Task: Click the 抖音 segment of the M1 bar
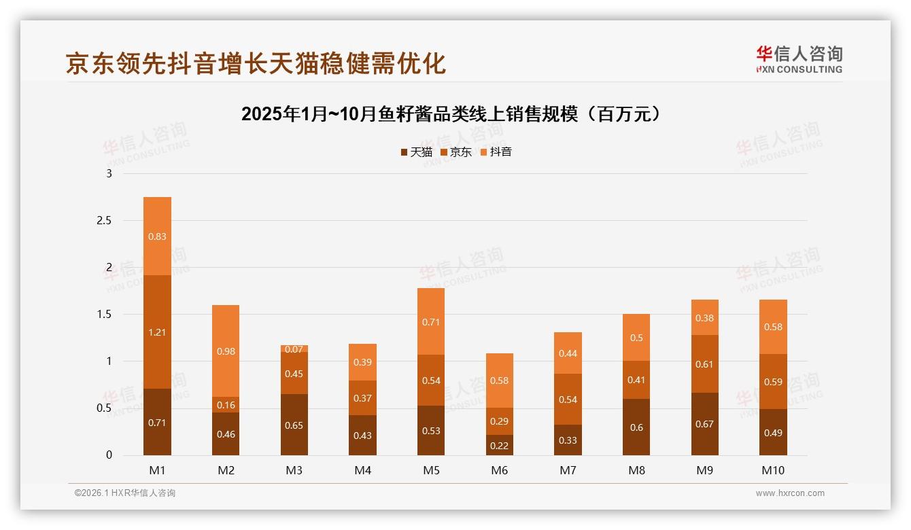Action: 157,236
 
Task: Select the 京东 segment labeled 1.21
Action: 157,332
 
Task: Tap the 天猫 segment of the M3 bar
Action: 294,425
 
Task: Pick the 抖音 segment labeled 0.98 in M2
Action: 225,351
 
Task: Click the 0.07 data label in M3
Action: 294,349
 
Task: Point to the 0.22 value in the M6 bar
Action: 499,445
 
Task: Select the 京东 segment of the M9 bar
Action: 704,364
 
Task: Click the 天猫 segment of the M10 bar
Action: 773,433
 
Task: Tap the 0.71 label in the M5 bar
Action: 431,322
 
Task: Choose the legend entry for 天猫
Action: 416,152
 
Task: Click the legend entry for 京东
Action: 456,152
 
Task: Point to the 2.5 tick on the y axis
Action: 103,221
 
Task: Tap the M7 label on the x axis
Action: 568,470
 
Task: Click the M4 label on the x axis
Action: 362,470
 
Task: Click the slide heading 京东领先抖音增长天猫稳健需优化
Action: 256,63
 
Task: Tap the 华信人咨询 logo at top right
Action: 799,59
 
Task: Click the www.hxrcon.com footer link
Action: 790,493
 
